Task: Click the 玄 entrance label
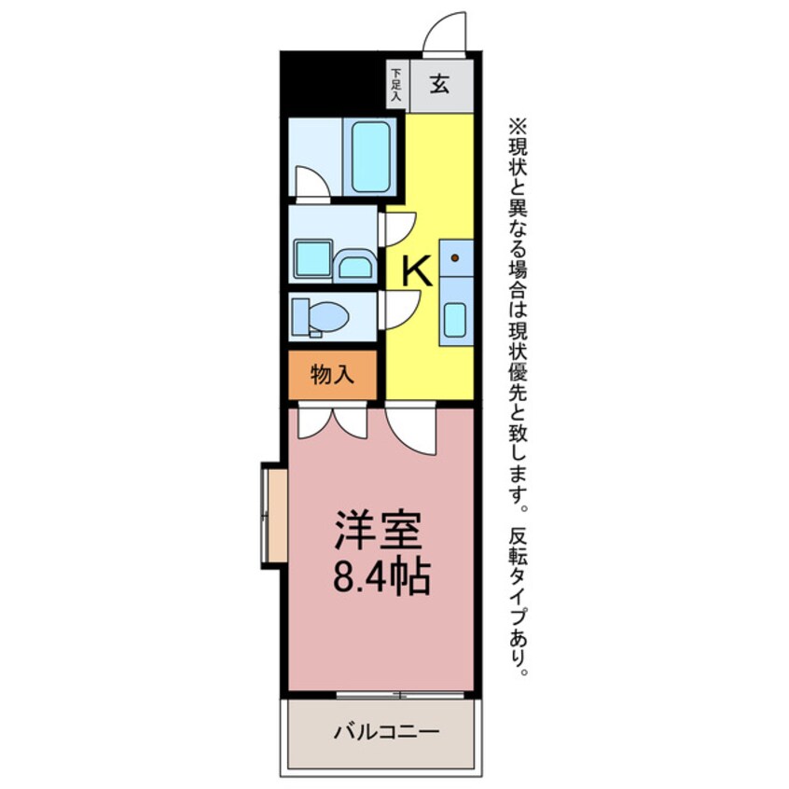pyautogui.click(x=439, y=84)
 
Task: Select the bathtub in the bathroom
pyautogui.click(x=371, y=157)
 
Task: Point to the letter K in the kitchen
pyautogui.click(x=417, y=271)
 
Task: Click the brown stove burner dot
pyautogui.click(x=455, y=258)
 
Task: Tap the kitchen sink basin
pyautogui.click(x=455, y=320)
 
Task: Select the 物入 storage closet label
pyautogui.click(x=332, y=375)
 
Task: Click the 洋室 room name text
pyautogui.click(x=379, y=530)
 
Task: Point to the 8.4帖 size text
pyautogui.click(x=381, y=576)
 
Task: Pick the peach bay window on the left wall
pyautogui.click(x=276, y=515)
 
